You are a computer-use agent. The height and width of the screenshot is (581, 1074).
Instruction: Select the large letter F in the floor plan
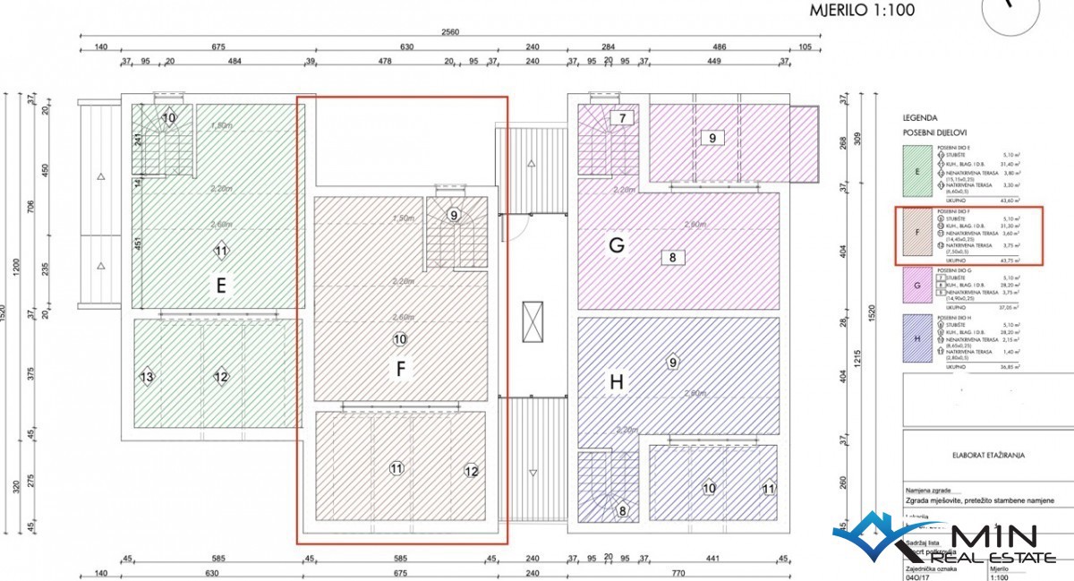401,368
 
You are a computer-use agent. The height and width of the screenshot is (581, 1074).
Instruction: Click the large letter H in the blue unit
616,382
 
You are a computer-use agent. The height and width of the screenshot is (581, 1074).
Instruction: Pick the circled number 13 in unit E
147,377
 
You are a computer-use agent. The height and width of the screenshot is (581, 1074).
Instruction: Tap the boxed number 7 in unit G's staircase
622,117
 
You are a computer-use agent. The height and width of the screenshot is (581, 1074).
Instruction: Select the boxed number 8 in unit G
672,258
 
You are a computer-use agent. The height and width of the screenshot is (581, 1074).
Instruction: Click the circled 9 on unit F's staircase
454,215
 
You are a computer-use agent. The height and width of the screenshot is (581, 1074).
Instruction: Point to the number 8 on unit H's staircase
622,511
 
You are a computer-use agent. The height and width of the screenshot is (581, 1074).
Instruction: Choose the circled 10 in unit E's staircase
169,117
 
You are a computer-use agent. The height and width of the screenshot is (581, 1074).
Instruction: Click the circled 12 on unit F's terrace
472,470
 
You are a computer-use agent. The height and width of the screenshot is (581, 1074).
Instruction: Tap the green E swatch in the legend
917,175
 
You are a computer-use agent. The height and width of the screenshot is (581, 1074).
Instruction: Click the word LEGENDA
920,117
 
